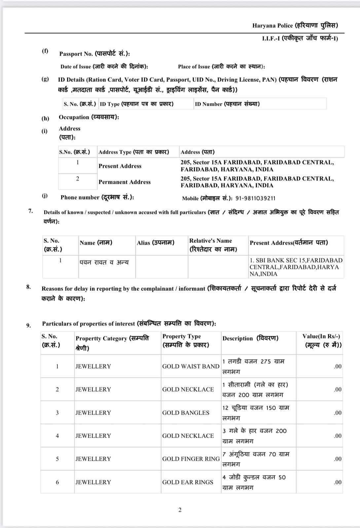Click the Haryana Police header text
coord(295,25)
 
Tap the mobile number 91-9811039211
coord(255,198)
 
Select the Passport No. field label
coord(94,53)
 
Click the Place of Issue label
coord(221,66)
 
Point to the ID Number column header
coord(227,104)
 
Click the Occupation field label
coord(89,117)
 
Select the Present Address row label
coord(120,166)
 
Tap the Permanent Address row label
coord(125,182)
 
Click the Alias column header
coord(155,243)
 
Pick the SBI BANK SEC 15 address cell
coord(296,267)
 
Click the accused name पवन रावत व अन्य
coord(104,262)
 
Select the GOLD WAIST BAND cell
coord(191,366)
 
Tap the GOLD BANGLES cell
coord(186,412)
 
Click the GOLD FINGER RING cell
coord(191,459)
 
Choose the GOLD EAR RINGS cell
coord(188,482)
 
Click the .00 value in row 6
coord(337,482)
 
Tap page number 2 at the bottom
coord(180,510)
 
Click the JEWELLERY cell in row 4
coord(93,436)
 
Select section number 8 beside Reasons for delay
coord(29,287)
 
